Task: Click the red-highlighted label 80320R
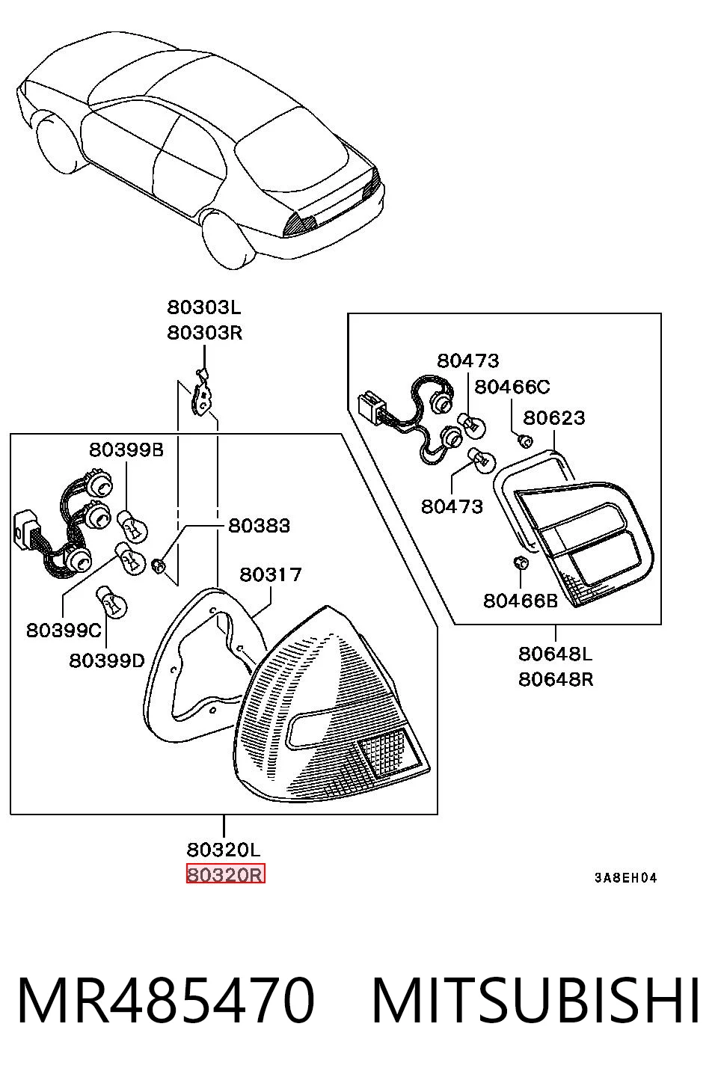coord(225,875)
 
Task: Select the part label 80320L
coord(224,850)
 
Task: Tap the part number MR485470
coord(166,1000)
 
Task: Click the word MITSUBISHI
coord(536,1000)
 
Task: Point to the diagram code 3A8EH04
coord(625,878)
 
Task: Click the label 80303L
coord(204,307)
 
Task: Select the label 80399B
coord(126,450)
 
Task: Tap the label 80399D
coord(107,660)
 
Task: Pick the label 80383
coord(259,526)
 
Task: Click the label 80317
coord(271,574)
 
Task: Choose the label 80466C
coord(512,387)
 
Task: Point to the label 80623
coord(554,417)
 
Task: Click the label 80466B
coord(521,601)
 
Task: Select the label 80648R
coord(556,679)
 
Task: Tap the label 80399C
coord(64,631)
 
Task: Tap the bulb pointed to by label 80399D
coord(111,601)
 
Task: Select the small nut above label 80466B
coord(521,563)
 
